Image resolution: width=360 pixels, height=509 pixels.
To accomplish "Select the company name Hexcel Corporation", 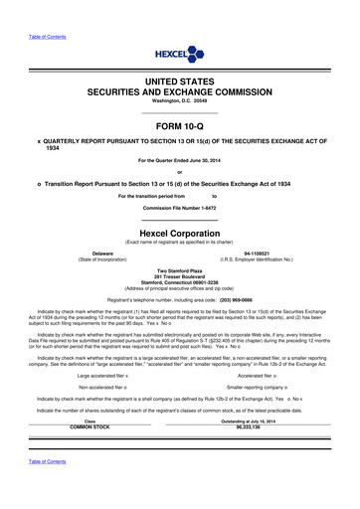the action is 179,231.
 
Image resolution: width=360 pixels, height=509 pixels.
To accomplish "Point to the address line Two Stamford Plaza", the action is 179,270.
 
